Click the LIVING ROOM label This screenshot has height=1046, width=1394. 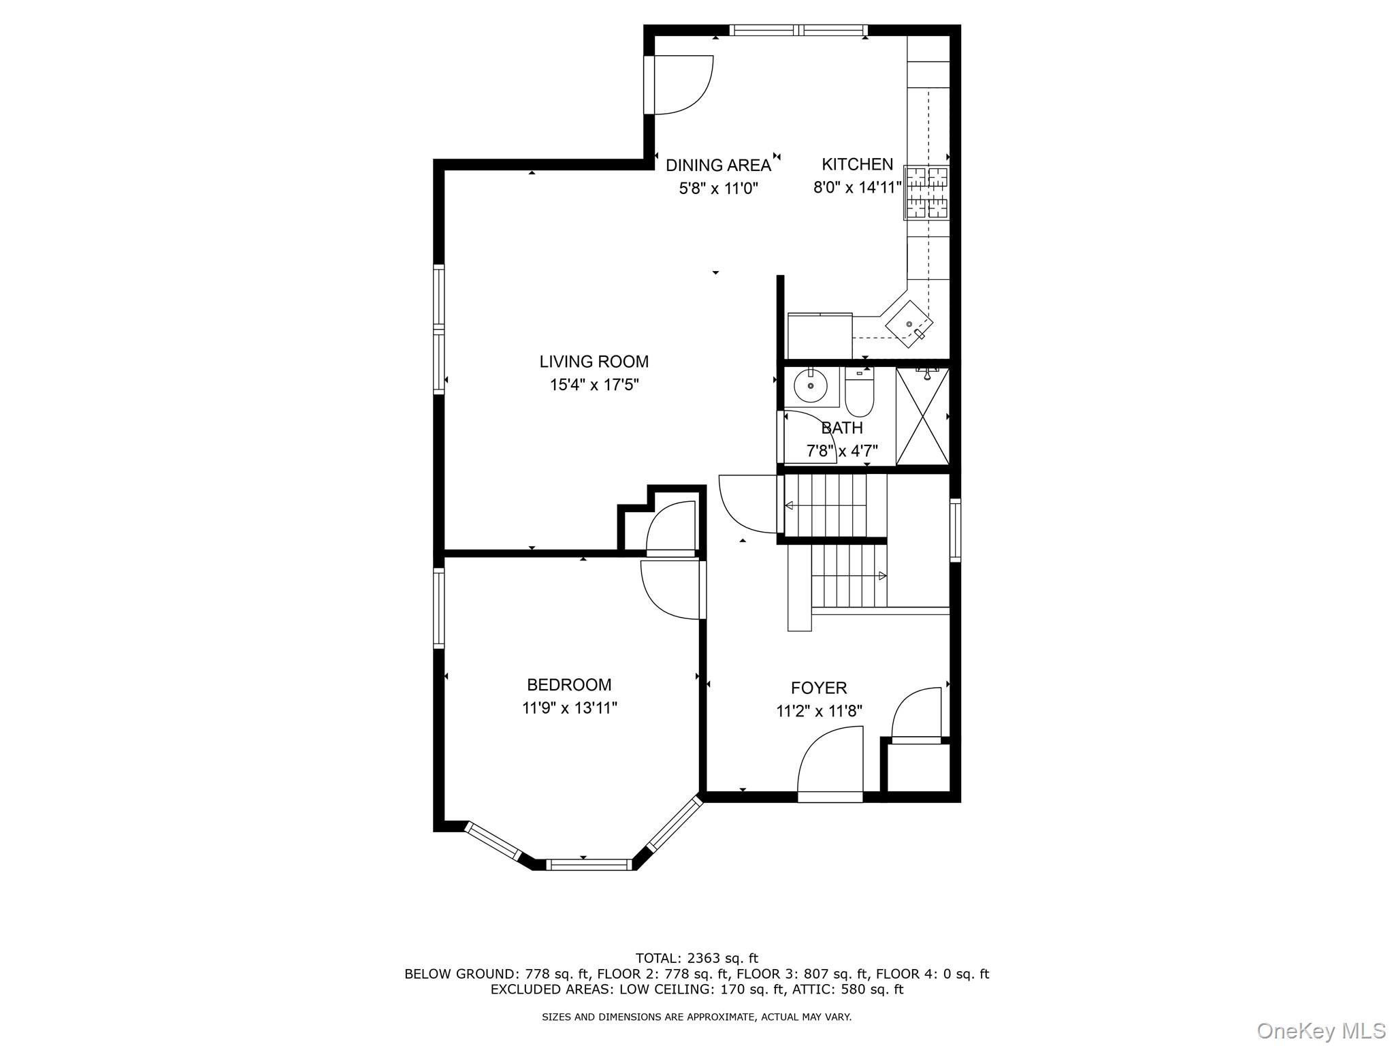pos(594,362)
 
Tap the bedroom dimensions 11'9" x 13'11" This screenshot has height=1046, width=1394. pos(569,708)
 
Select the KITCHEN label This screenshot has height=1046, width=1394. pos(857,164)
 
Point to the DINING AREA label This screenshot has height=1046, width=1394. pos(717,165)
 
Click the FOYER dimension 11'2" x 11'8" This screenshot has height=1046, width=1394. pos(819,712)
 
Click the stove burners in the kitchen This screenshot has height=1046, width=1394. pos(926,193)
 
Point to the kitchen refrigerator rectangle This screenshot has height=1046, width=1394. pos(820,335)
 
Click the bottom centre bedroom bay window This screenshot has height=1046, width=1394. pos(589,865)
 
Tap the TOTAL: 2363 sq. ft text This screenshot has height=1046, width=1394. pos(696,959)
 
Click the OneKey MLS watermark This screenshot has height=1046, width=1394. pos(1320,1030)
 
